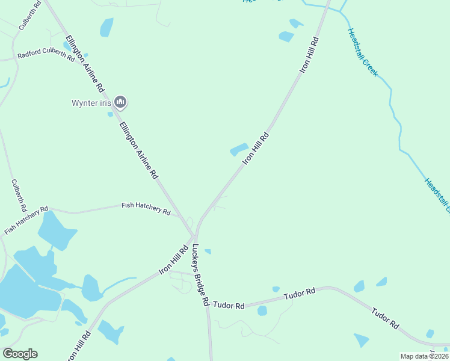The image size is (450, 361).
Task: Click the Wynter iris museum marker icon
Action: (x=120, y=102)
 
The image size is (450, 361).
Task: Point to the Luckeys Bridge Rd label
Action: (x=200, y=274)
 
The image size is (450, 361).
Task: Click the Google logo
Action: (x=20, y=353)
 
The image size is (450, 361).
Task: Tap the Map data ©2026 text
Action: (x=424, y=356)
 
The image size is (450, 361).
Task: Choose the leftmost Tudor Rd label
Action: (x=231, y=305)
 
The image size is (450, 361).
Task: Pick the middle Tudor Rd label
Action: (x=300, y=294)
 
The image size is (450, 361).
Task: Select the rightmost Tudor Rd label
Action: (x=384, y=318)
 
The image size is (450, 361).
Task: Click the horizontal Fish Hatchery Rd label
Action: (x=146, y=208)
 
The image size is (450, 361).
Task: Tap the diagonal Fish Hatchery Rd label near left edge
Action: (x=26, y=220)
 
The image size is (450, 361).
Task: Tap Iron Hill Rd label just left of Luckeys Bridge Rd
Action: (x=174, y=260)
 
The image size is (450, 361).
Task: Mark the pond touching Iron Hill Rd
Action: (x=239, y=149)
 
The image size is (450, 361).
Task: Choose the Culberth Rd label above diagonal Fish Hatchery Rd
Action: (x=19, y=195)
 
